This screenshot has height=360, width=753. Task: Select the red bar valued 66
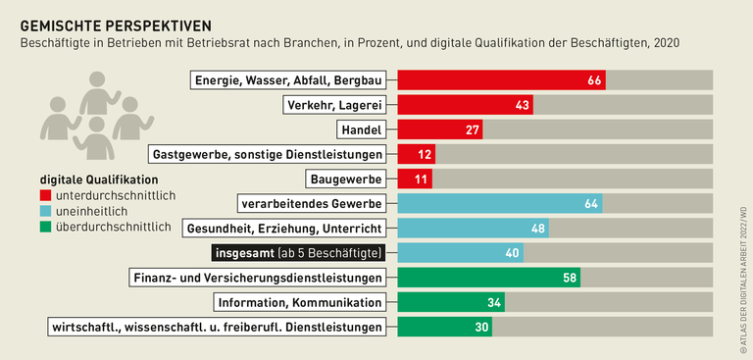[500, 79]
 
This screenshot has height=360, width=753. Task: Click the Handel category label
[360, 129]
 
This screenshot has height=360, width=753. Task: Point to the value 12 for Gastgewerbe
[425, 154]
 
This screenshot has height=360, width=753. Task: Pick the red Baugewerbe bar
[414, 179]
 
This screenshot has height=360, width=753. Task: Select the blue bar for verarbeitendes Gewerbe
[499, 204]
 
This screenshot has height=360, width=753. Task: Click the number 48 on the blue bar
[538, 229]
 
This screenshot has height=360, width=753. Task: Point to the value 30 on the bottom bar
[480, 327]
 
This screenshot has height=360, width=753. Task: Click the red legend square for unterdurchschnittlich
[46, 196]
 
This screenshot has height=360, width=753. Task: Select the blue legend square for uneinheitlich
[46, 212]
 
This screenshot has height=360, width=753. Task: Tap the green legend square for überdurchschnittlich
[46, 228]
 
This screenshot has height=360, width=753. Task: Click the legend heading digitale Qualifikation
[98, 180]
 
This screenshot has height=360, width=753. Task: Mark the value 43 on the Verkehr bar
[522, 105]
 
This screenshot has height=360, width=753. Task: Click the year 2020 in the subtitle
[665, 43]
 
